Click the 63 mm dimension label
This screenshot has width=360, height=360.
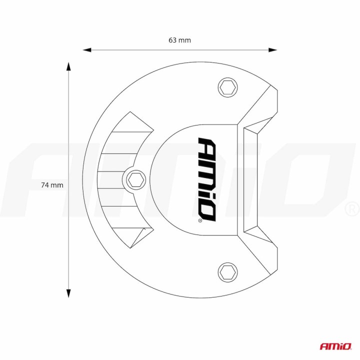click(x=179, y=40)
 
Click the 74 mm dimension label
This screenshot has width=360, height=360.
click(x=52, y=184)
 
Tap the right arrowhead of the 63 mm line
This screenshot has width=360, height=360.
click(x=273, y=50)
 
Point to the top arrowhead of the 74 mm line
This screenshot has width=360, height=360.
click(x=68, y=66)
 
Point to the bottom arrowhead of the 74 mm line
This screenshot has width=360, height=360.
click(x=68, y=293)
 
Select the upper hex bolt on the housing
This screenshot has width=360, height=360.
click(x=227, y=87)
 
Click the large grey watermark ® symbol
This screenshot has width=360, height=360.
click(x=352, y=207)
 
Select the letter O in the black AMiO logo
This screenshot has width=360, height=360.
click(x=207, y=210)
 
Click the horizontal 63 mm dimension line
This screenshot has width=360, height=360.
click(x=150, y=50)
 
